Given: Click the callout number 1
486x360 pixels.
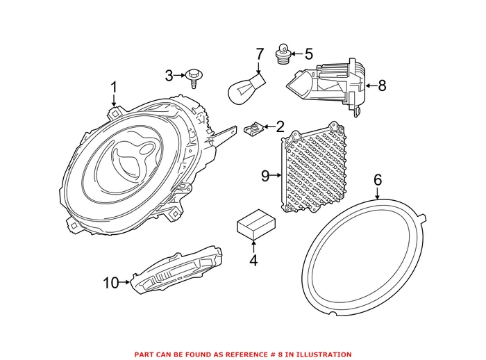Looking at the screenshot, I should point(113,88).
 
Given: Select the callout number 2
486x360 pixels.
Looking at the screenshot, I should point(280,126).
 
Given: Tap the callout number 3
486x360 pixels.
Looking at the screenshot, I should point(169,74).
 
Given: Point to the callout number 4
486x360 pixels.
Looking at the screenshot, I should point(253,261).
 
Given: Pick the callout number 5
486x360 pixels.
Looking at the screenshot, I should point(308,53).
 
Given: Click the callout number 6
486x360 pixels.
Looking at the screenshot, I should point(378,179).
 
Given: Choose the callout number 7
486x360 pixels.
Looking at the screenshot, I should point(260,54).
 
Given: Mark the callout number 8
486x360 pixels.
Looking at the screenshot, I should point(381,85).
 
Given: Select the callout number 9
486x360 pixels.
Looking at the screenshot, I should point(265,176).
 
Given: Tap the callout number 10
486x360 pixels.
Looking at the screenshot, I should point(111,282).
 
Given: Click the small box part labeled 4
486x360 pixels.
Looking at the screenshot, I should point(253,224).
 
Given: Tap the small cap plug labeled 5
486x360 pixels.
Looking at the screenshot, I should point(283,54).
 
